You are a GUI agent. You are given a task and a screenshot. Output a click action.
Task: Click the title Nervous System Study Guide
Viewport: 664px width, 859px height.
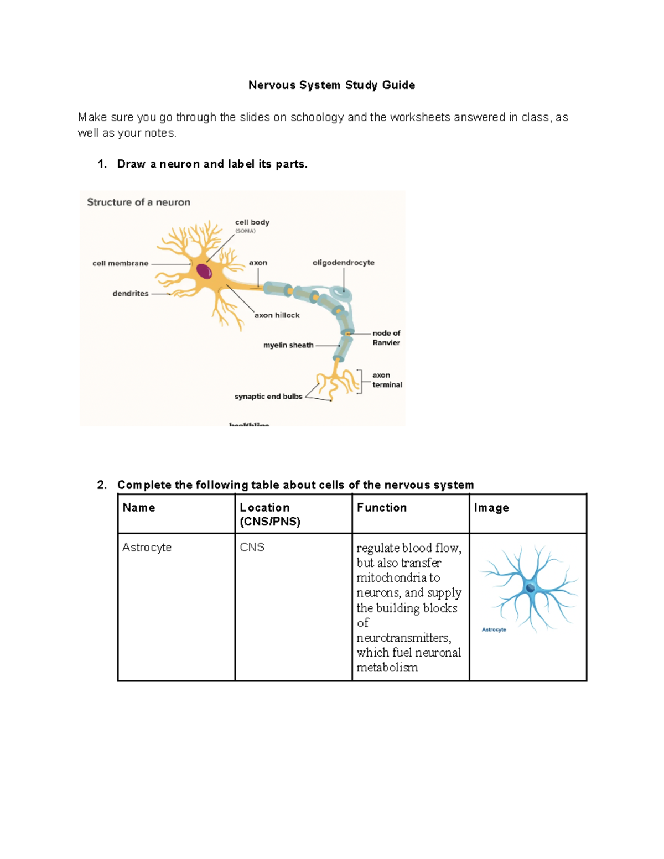331,85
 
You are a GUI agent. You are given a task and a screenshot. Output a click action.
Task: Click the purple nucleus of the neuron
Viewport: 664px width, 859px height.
204,271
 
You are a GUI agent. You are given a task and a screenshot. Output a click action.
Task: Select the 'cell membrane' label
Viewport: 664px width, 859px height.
120,263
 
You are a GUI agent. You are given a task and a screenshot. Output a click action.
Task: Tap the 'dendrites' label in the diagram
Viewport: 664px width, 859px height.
131,294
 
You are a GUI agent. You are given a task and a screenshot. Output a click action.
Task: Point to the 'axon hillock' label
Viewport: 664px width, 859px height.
277,315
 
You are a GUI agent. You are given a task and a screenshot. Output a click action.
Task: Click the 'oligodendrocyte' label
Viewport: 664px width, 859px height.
343,263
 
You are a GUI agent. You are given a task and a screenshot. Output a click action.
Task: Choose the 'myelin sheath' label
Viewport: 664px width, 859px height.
288,345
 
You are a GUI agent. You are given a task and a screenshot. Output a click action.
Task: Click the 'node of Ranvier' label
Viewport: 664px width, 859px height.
386,338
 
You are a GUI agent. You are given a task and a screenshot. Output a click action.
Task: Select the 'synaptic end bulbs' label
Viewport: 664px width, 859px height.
268,397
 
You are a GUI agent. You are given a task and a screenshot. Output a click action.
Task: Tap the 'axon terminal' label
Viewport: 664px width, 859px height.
387,380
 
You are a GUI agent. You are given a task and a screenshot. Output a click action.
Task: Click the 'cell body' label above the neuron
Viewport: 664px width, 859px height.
252,222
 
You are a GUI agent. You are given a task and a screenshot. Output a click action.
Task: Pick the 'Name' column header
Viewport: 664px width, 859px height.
139,508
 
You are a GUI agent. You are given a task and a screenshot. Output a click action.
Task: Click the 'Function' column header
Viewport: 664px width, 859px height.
382,508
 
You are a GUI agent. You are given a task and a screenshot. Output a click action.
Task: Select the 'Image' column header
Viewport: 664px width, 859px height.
491,508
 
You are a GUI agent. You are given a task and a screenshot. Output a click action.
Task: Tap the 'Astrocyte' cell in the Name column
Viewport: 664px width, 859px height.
147,548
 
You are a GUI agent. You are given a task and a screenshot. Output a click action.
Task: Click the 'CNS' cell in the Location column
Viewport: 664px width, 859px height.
252,548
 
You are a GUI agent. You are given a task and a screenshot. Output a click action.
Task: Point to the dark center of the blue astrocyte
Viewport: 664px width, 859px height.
531,587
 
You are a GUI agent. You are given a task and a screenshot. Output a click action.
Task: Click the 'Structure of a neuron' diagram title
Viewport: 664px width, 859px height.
138,202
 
